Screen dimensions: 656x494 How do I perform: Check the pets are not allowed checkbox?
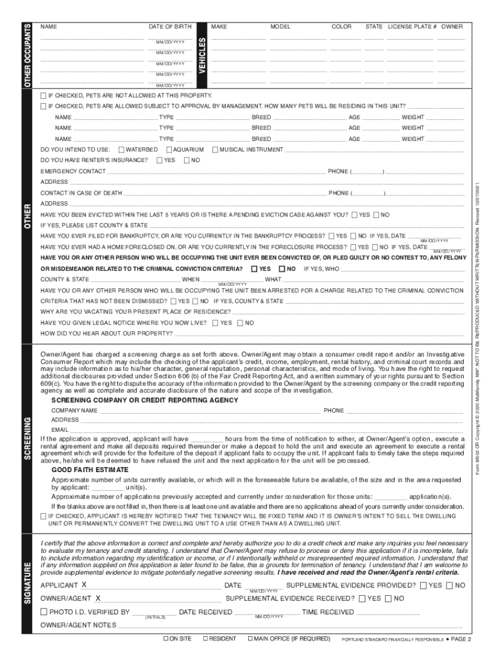tap(43, 95)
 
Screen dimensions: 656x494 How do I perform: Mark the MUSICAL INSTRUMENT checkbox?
tap(215, 149)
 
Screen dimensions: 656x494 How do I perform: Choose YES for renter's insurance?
tap(160, 160)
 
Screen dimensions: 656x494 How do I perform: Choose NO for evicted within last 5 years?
tap(377, 215)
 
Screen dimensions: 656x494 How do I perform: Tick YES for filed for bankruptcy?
tap(330, 236)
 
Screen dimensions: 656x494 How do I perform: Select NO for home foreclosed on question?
tap(375, 247)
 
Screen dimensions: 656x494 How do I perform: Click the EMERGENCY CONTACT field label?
tap(73, 172)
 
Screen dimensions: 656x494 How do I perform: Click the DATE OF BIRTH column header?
tap(170, 27)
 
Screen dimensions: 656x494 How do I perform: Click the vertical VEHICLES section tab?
tap(202, 54)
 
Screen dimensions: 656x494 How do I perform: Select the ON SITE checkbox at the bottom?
tap(166, 639)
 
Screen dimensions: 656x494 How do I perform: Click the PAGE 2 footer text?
tap(460, 639)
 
